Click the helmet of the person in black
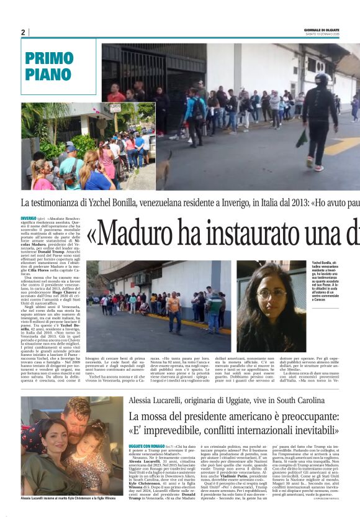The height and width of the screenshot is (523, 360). [x=322, y=80]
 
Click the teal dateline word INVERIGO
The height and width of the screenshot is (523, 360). [x=28, y=219]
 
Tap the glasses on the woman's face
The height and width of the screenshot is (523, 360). [x=271, y=292]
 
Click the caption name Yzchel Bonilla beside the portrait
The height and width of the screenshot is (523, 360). [x=323, y=263]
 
